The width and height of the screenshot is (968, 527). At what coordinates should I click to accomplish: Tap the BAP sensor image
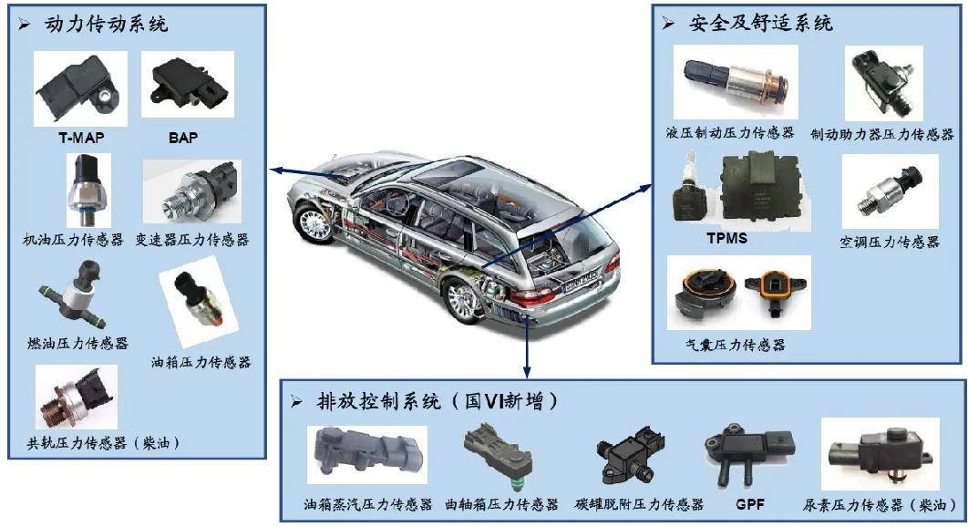coord(187,84)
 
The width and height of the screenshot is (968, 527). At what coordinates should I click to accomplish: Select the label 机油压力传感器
coord(74,241)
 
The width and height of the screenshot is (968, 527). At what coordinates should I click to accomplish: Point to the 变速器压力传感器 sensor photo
coord(191,191)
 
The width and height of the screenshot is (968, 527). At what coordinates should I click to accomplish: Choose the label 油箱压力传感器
coord(201,362)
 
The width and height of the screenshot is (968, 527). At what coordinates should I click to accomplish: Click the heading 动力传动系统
coord(106,25)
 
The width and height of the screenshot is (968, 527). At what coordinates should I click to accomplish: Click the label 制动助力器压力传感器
coord(881,134)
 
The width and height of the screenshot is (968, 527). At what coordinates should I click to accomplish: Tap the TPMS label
coord(726,239)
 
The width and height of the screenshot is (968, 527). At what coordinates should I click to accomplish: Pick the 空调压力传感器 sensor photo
coord(889,191)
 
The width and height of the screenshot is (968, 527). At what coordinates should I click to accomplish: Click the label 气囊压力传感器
coord(735,345)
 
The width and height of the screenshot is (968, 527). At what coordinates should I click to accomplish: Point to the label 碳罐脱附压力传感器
coord(639,504)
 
